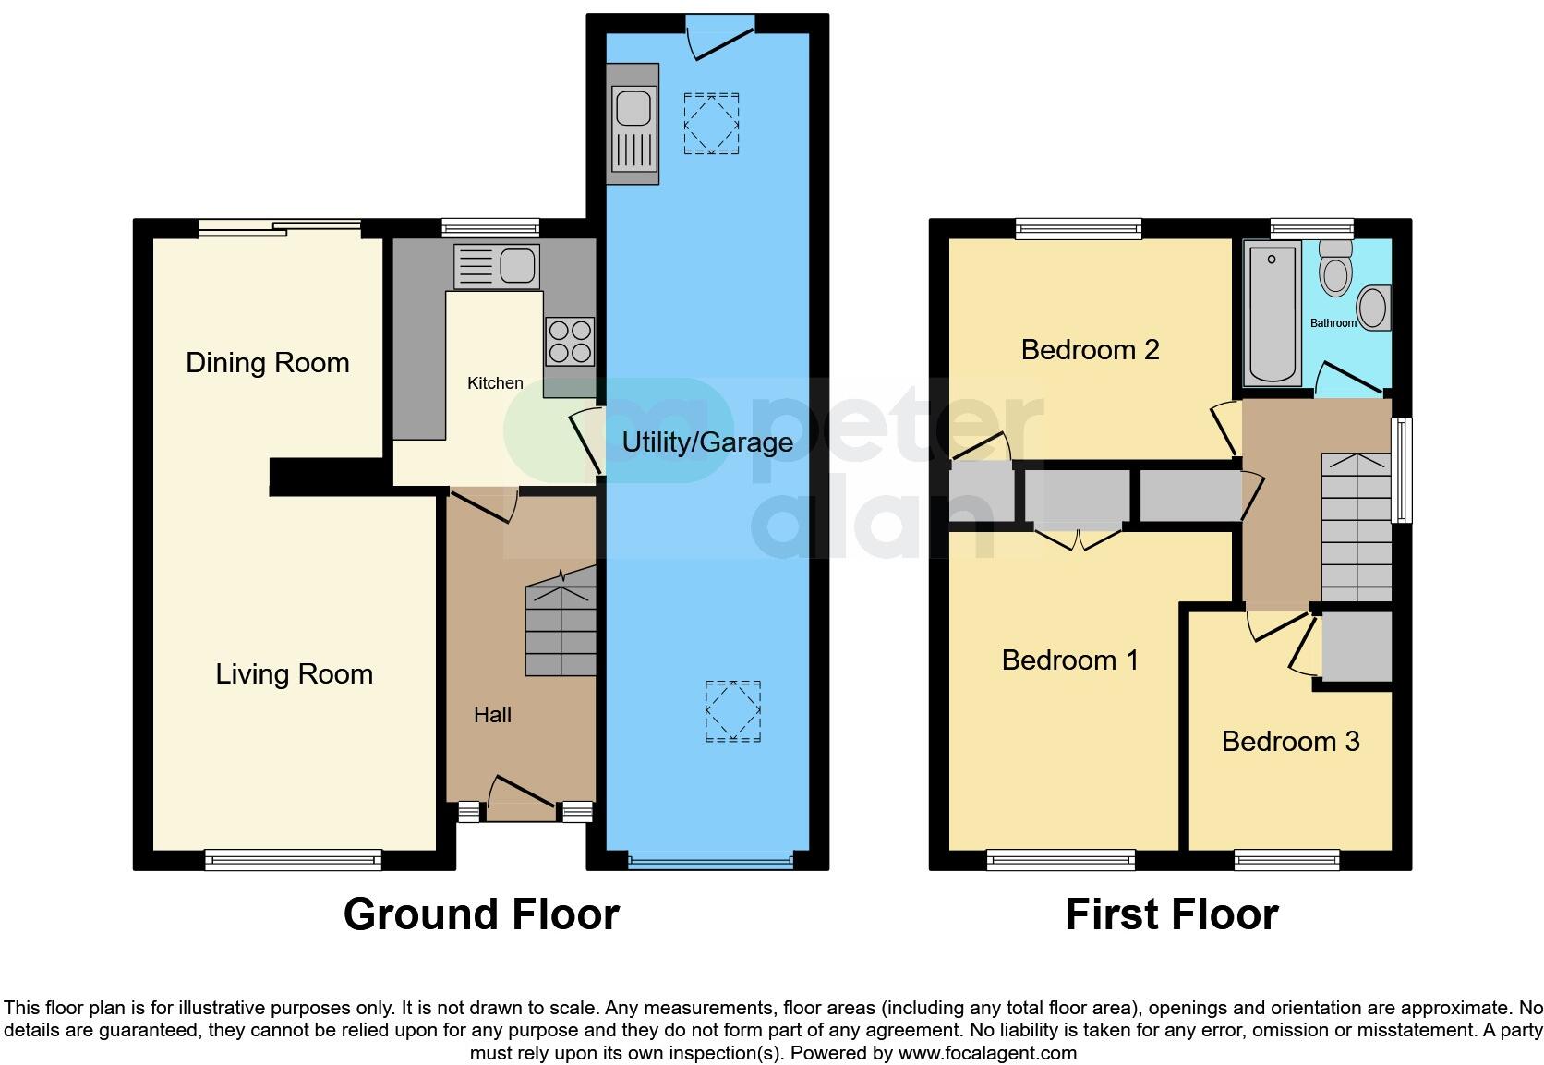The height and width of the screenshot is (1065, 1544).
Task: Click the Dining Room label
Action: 267,362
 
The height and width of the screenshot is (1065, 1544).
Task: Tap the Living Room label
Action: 294,673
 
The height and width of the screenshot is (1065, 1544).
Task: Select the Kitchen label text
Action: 495,382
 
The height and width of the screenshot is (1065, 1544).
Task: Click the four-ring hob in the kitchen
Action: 569,342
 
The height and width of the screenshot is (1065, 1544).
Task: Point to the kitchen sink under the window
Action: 496,267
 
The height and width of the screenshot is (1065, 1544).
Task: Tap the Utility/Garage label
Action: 706,442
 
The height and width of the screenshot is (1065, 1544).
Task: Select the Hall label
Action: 492,714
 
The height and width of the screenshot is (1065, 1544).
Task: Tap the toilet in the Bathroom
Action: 1334,267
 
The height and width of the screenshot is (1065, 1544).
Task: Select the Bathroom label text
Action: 1333,323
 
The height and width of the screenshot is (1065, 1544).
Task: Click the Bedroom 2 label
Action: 1090,349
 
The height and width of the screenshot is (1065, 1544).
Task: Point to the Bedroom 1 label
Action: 1069,660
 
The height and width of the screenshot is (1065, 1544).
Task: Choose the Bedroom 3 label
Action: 1290,741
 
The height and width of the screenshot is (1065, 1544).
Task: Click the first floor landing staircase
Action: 1356,527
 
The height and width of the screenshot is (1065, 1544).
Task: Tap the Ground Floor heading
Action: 481,914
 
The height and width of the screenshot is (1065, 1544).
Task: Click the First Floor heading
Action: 1171,914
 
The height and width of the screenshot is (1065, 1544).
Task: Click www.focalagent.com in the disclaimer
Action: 987,1052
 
